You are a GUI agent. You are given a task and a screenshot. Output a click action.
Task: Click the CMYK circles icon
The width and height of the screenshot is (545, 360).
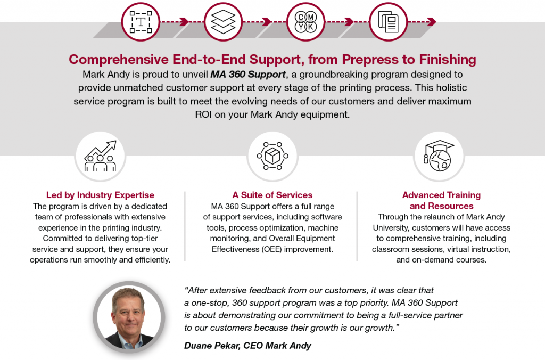(306, 21)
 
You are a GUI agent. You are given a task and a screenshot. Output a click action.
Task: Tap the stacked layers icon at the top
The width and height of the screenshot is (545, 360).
(223, 21)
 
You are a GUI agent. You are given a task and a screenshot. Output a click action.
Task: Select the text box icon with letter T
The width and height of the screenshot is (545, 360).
(141, 22)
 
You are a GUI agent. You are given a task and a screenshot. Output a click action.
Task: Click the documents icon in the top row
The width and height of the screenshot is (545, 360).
(388, 21)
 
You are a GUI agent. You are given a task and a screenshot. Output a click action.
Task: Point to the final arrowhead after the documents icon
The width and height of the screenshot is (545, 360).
(432, 22)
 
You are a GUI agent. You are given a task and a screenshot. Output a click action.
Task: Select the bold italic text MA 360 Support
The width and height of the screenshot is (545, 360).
(248, 75)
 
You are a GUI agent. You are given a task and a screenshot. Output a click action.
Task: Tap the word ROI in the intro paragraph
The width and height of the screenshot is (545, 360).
(203, 114)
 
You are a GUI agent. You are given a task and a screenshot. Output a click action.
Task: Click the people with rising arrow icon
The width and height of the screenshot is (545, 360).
(100, 156)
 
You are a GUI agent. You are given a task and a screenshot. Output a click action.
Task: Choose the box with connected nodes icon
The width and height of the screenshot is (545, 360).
(272, 156)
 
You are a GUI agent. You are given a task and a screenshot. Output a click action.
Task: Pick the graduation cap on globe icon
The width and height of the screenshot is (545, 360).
(439, 156)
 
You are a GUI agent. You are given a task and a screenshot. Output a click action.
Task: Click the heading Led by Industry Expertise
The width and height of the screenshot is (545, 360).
(100, 195)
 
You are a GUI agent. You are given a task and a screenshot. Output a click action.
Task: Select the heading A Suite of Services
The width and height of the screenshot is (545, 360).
(272, 195)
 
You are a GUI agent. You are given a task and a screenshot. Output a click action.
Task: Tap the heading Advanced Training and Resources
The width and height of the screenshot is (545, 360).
(441, 200)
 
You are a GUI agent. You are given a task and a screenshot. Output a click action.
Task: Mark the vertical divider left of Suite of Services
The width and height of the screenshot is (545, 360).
(185, 226)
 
